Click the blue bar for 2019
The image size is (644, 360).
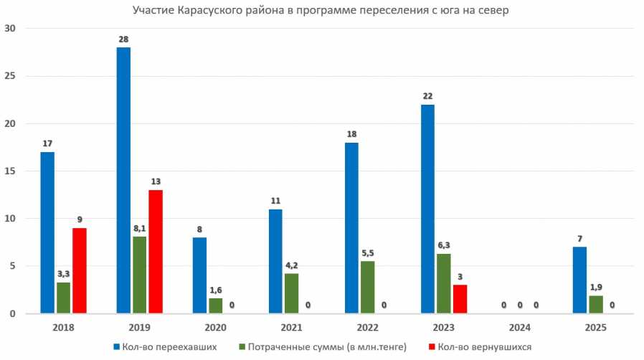coord(123,181)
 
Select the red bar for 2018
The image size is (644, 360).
coord(79,271)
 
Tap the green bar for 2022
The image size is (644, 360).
coord(367,288)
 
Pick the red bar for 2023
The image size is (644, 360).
coord(460,299)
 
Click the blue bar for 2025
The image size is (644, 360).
coord(579,280)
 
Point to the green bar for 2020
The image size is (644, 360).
coord(215,305)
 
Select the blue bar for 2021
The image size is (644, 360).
coord(275,261)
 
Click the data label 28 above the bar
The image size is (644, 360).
coord(123,39)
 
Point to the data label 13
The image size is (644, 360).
coord(156,181)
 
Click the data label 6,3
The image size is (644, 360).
coord(445,245)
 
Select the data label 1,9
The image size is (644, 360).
coord(596,287)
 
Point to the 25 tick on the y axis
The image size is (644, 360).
coord(11,76)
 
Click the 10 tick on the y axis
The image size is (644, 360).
coord(11,219)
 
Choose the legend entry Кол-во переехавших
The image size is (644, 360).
coord(161,348)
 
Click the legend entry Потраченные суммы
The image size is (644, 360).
coord(326,348)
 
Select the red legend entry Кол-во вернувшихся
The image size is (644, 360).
coord(482,348)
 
